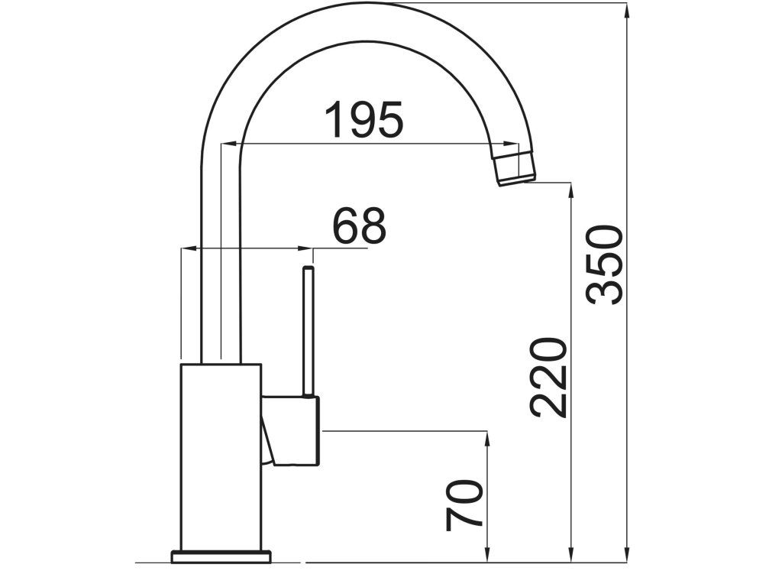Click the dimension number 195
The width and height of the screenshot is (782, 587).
coord(364,120)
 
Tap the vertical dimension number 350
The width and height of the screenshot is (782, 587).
coord(605,265)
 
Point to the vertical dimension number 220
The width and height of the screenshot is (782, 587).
coord(549,378)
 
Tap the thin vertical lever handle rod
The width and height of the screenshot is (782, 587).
coord(309,332)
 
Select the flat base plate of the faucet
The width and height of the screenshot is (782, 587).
coord(221,556)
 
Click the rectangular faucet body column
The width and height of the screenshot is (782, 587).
coord(221,457)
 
